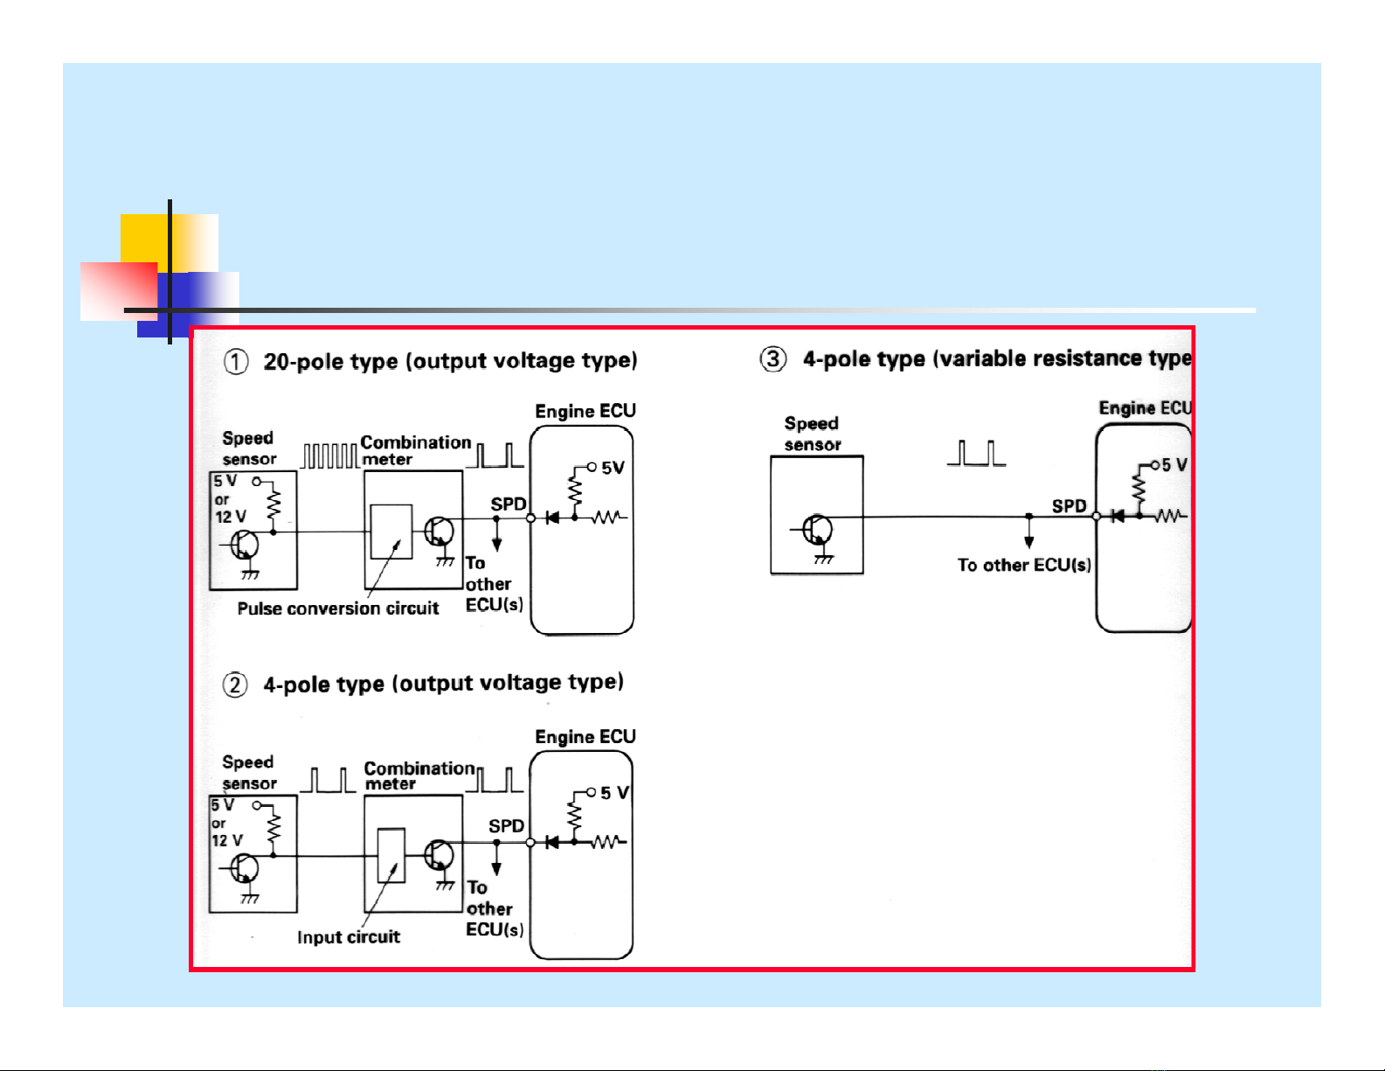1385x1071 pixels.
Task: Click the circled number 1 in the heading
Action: [x=236, y=362]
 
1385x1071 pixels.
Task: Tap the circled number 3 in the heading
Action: [x=773, y=359]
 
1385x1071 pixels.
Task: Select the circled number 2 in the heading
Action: [x=235, y=685]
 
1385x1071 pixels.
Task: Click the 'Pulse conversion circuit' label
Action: [x=337, y=609]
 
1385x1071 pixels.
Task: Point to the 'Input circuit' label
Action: [x=348, y=937]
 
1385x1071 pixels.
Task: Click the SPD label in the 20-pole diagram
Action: [x=508, y=504]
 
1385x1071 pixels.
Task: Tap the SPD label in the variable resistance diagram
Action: [x=1069, y=506]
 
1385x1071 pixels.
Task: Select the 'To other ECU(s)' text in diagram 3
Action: [x=1024, y=566]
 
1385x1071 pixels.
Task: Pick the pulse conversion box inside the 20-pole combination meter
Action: [x=391, y=532]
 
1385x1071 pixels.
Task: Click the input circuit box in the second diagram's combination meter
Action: [x=391, y=855]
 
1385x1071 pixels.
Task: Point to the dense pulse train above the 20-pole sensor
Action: [x=330, y=456]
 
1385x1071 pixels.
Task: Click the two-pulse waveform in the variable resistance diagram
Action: [x=977, y=453]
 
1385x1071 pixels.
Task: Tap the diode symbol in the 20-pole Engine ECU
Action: [x=552, y=518]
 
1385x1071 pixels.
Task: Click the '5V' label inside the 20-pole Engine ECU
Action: [x=613, y=468]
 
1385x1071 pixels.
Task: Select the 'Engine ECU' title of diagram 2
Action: [x=585, y=737]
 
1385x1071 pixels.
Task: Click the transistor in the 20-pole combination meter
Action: [x=440, y=532]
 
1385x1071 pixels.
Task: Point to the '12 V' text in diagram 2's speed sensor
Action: [x=226, y=840]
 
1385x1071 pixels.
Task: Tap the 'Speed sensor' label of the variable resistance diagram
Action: [x=812, y=434]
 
